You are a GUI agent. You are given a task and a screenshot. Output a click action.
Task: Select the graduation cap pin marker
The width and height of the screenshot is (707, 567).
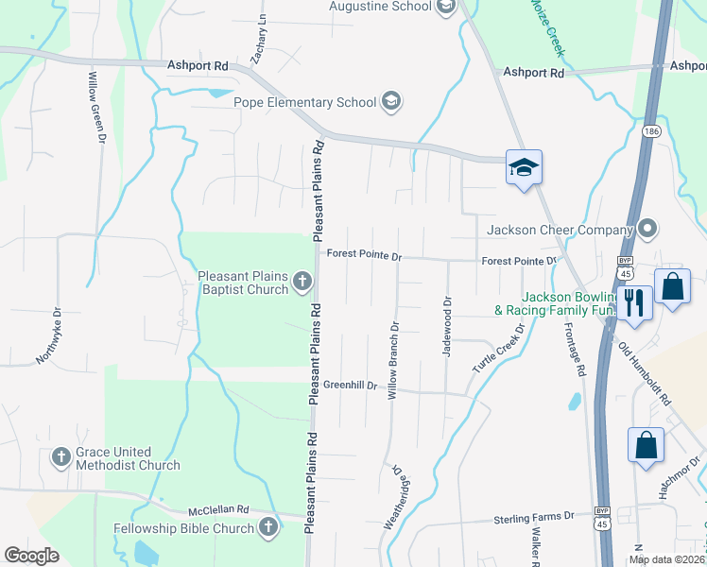click(524, 168)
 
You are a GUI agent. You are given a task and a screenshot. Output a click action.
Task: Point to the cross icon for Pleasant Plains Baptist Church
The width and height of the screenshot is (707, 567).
click(302, 281)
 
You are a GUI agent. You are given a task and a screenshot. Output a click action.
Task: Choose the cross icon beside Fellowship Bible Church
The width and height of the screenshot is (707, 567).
click(268, 528)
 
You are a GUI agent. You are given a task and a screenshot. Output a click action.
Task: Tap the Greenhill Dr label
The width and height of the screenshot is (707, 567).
click(350, 386)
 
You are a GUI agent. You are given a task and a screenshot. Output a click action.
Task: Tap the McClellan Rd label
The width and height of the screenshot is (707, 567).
click(217, 509)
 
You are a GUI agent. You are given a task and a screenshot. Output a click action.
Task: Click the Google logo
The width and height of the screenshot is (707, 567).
click(31, 556)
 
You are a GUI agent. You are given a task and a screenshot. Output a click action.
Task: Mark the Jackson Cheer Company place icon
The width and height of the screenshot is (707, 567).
click(647, 229)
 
